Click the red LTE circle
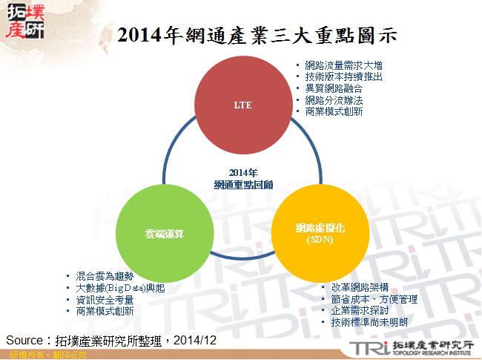(x=242, y=105)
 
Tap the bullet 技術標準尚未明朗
(x=369, y=322)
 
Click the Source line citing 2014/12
(x=111, y=340)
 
